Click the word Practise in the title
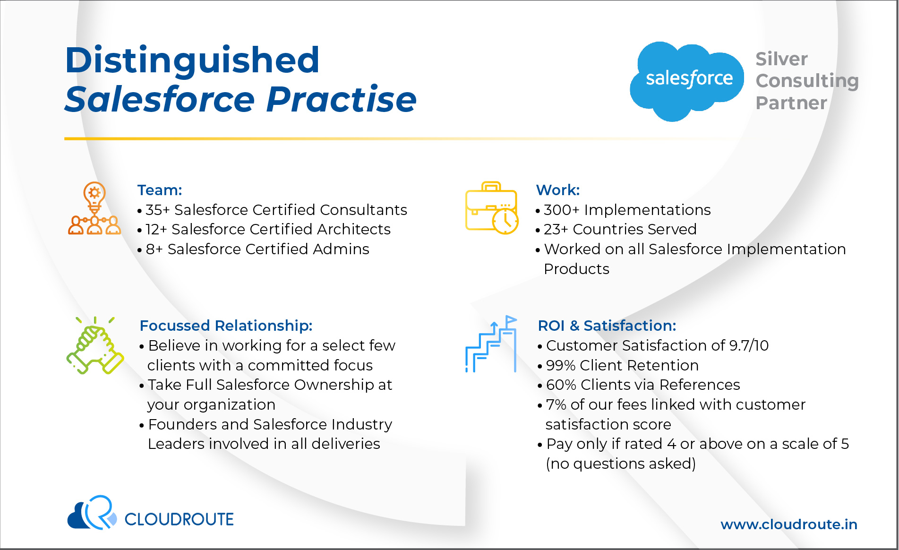point(342,99)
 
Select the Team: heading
point(160,190)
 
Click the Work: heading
point(558,190)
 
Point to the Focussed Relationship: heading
point(226,326)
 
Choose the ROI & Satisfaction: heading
point(607,326)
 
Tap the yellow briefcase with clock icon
point(492,208)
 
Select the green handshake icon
point(95,345)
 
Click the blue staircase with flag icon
point(491,344)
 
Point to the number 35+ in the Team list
point(158,210)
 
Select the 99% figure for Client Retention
point(561,365)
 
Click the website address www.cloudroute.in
point(789,524)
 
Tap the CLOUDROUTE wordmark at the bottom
point(179,519)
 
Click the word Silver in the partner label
point(781,59)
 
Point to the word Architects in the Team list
point(354,229)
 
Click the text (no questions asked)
point(621,464)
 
